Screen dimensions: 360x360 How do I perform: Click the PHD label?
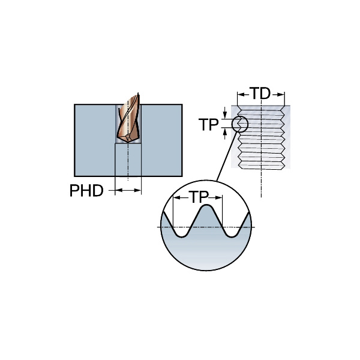click(x=86, y=191)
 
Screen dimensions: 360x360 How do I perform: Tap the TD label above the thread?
click(x=260, y=94)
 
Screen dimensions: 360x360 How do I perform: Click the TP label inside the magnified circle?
click(x=200, y=197)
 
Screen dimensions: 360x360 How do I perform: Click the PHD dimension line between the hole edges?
click(x=128, y=191)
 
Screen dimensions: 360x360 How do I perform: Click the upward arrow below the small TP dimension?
click(x=225, y=133)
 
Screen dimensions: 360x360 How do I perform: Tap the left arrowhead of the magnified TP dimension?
click(x=176, y=197)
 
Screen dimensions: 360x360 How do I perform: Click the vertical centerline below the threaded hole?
click(x=261, y=183)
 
